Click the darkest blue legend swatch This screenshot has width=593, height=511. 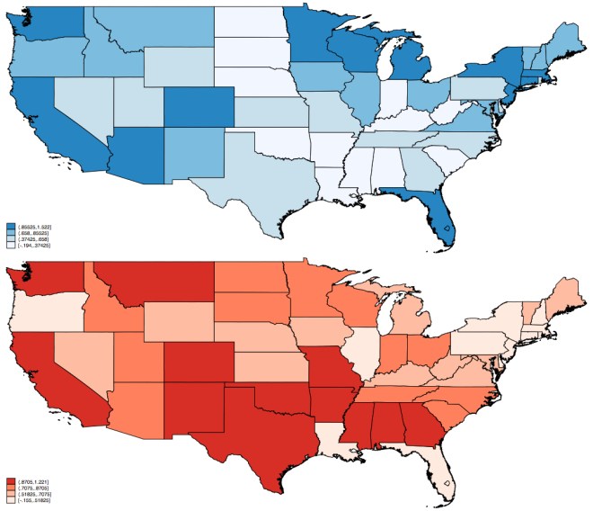(x=10, y=226)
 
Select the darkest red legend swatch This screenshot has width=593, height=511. (x=10, y=482)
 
